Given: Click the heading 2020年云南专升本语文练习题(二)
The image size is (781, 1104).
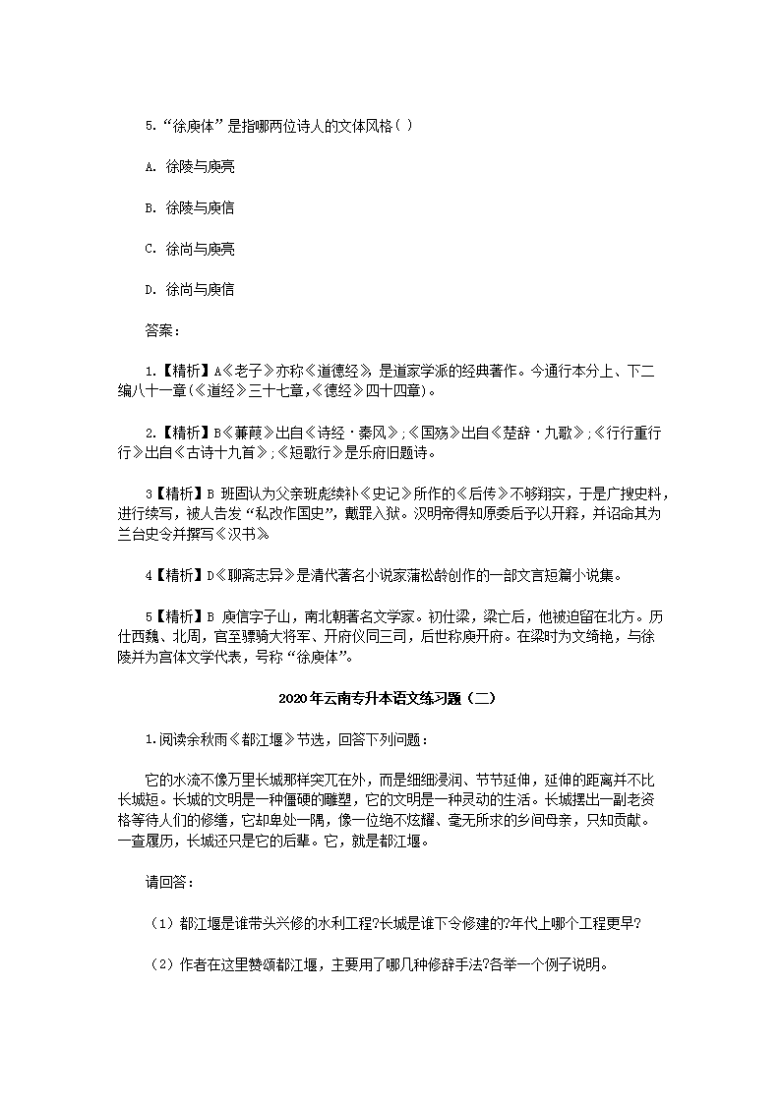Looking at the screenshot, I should (x=390, y=699).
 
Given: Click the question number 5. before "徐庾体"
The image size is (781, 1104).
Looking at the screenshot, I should (x=150, y=126).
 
